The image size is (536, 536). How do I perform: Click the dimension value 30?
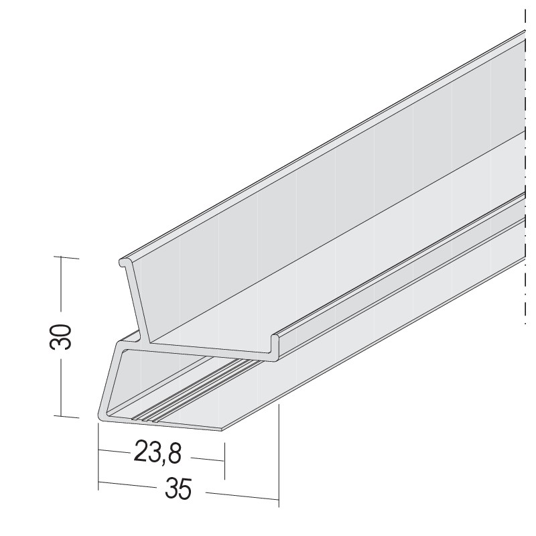(61, 336)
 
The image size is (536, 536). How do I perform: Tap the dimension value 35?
(178, 489)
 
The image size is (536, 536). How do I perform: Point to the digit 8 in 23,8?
(174, 454)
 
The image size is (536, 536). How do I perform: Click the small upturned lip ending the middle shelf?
(275, 346)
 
